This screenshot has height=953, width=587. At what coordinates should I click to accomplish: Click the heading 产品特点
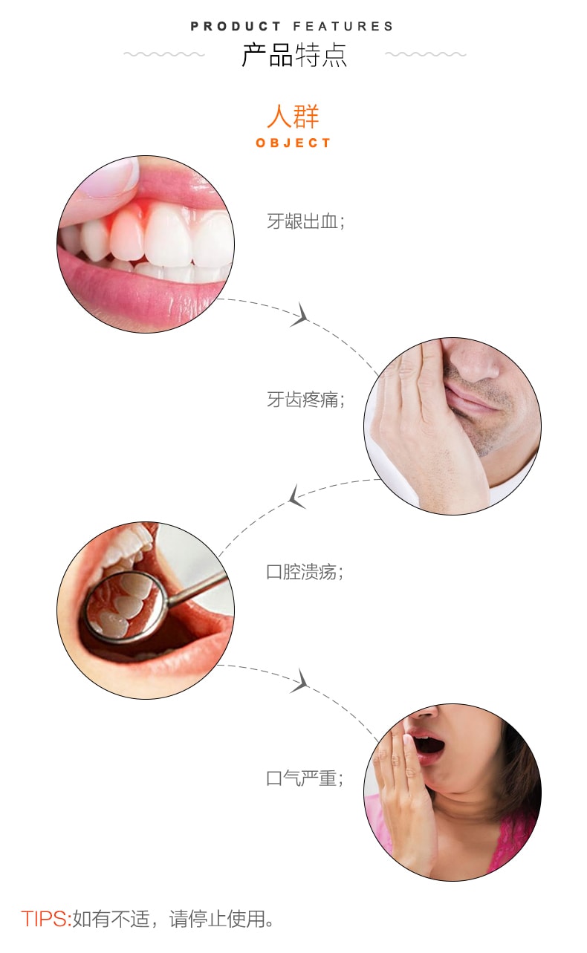294,55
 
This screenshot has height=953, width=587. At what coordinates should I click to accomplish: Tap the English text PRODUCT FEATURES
292,27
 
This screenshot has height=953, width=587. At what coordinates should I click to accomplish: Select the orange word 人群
293,117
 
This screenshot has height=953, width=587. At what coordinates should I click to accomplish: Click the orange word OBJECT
293,143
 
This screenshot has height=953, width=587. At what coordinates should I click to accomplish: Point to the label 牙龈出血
302,221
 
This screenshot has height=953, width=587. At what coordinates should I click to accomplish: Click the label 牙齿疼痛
302,400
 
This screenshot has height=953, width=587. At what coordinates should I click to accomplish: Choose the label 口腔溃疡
302,572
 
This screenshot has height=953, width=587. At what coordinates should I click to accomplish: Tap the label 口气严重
302,778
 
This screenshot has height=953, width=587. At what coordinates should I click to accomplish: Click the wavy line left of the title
164,54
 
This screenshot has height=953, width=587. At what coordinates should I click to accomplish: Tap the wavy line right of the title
426,54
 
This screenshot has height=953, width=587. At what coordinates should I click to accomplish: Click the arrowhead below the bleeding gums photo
300,315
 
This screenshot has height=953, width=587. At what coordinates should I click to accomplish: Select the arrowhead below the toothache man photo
296,496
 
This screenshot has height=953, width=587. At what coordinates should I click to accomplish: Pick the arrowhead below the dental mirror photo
300,680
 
